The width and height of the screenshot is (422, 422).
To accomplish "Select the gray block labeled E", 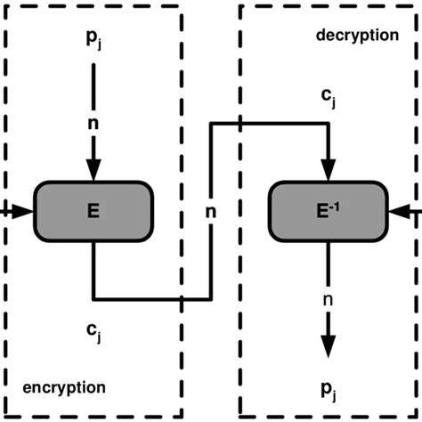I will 93,212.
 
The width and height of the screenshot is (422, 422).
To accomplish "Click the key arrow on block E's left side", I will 20,211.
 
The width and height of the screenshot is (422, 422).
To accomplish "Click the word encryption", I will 63,387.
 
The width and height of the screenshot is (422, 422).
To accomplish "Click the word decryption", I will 357,36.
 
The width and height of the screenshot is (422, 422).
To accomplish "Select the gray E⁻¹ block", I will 329,212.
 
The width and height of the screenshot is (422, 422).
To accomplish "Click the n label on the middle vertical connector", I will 211,214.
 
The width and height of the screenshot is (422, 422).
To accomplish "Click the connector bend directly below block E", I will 93,297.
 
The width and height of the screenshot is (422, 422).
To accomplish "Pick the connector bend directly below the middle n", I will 211,297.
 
